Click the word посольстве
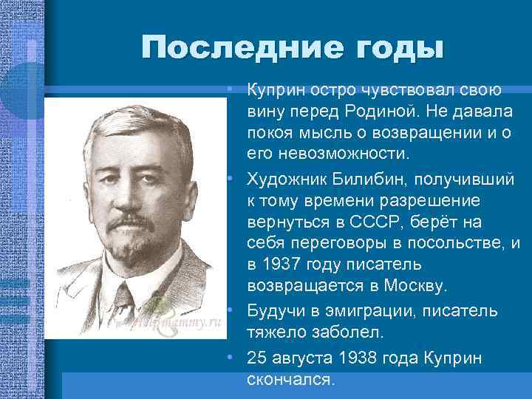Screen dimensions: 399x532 (457, 243)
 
